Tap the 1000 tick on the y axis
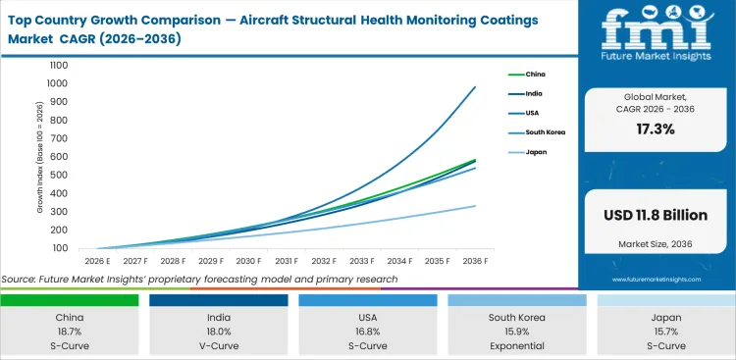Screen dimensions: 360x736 (x=57, y=66)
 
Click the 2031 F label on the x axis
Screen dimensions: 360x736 (x=287, y=261)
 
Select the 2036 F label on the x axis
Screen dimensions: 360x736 (x=475, y=261)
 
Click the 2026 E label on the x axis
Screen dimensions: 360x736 (x=95, y=261)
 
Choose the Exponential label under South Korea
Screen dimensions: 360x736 (x=517, y=347)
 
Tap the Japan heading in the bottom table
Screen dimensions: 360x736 (x=665, y=319)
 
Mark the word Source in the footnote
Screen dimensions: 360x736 (x=20, y=280)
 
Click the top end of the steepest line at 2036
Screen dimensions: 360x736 (x=475, y=87)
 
